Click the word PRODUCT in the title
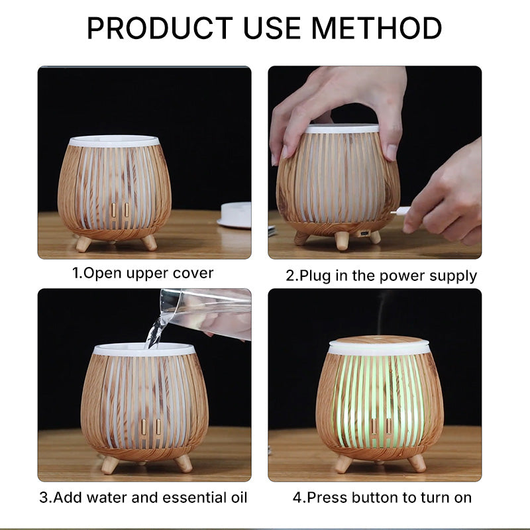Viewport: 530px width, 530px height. click(x=160, y=28)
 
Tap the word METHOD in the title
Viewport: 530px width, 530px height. click(x=376, y=28)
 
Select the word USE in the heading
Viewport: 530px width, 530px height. click(x=272, y=28)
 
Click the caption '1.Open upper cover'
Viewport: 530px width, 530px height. click(x=142, y=274)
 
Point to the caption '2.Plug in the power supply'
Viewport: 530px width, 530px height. click(x=382, y=276)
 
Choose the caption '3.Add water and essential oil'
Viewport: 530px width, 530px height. click(x=143, y=498)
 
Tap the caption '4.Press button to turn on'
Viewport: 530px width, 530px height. click(x=382, y=498)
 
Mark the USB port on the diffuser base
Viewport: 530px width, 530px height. click(x=364, y=233)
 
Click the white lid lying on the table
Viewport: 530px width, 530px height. click(x=235, y=215)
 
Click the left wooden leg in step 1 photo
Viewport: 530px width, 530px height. click(x=83, y=243)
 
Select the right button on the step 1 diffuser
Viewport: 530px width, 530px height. click(x=127, y=210)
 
